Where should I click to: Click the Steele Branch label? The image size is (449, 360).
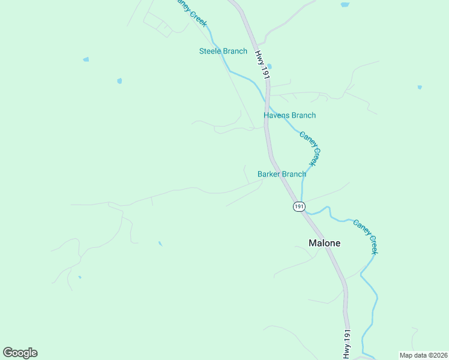pos(223,51)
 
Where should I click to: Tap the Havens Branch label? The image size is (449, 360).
pos(289,115)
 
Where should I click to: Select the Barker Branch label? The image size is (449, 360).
pos(282,174)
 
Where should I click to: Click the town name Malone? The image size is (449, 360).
pos(324,243)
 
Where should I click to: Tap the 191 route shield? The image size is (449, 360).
pos(299,206)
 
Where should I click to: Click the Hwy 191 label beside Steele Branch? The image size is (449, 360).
pos(261,64)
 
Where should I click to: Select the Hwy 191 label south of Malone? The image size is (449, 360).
pos(347,344)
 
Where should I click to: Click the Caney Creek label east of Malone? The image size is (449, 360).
pos(365,236)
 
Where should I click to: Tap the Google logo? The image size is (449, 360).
pos(20,353)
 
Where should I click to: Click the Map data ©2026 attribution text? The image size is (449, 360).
pos(423,355)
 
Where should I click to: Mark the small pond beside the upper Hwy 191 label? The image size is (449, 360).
pos(269,67)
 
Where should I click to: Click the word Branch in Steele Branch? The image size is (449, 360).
pos(235,51)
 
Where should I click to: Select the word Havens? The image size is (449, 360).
pos(276,115)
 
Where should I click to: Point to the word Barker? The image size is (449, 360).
pos(268,174)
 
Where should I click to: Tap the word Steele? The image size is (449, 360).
pos(210,51)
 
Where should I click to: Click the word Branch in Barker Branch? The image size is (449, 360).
pos(294,174)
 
